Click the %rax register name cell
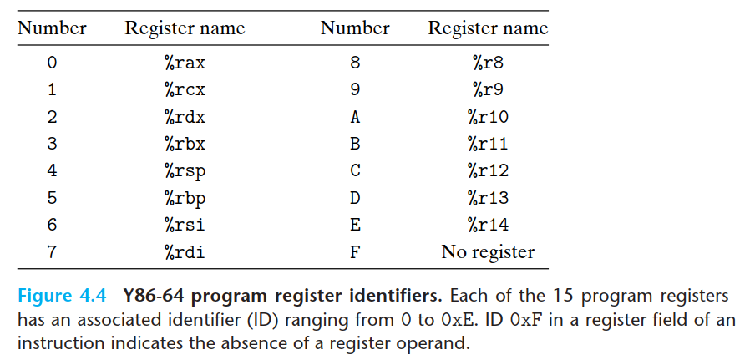tap(185, 62)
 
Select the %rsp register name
tap(185, 170)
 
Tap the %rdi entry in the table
tap(185, 251)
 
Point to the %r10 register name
tap(488, 116)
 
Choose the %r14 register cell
tap(488, 225)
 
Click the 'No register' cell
tap(488, 251)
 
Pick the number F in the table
tap(355, 251)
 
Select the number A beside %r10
tap(355, 116)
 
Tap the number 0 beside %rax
tap(52, 62)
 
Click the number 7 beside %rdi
tap(52, 251)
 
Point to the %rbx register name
tap(185, 144)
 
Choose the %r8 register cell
tap(488, 62)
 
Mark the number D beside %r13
tap(355, 198)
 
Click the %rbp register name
tap(185, 198)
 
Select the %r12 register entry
tap(488, 170)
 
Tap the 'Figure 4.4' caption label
tap(63, 297)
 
